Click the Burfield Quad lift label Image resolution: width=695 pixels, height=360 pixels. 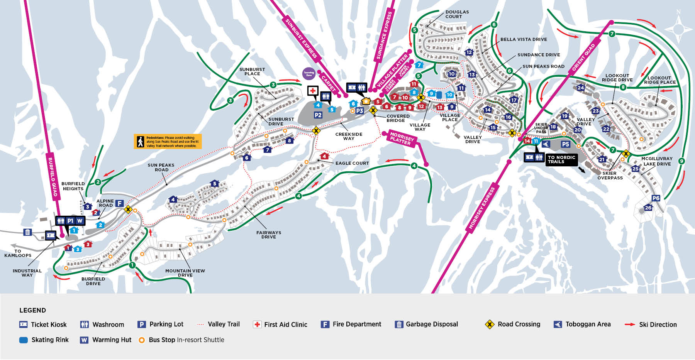click(x=53, y=177)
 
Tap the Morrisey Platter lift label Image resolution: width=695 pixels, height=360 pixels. click(x=402, y=139)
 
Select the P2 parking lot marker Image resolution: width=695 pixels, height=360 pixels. click(x=318, y=115)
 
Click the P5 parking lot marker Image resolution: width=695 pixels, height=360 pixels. click(x=565, y=144)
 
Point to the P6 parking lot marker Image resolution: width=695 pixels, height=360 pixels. click(x=656, y=198)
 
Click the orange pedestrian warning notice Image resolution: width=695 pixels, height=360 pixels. click(x=168, y=142)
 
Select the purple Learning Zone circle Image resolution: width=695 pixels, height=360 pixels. click(x=309, y=73)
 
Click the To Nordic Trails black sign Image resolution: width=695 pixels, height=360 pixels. click(x=561, y=159)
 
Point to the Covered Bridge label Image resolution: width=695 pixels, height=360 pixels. click(x=398, y=118)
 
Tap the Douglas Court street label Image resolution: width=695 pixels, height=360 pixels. click(x=457, y=14)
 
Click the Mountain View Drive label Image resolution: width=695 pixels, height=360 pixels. click(x=185, y=273)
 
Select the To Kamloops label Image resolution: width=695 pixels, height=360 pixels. click(x=18, y=253)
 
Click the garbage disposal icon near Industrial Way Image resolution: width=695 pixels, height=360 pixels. click(x=27, y=232)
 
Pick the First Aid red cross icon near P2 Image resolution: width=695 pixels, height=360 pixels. click(x=312, y=91)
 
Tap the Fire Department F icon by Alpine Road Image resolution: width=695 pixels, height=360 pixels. click(x=120, y=203)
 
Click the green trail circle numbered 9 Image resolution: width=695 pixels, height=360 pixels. click(x=681, y=161)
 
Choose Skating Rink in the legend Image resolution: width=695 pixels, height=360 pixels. click(x=44, y=340)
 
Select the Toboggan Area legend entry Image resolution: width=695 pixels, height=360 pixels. click(x=582, y=325)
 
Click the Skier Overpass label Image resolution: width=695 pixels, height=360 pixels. click(x=610, y=176)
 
